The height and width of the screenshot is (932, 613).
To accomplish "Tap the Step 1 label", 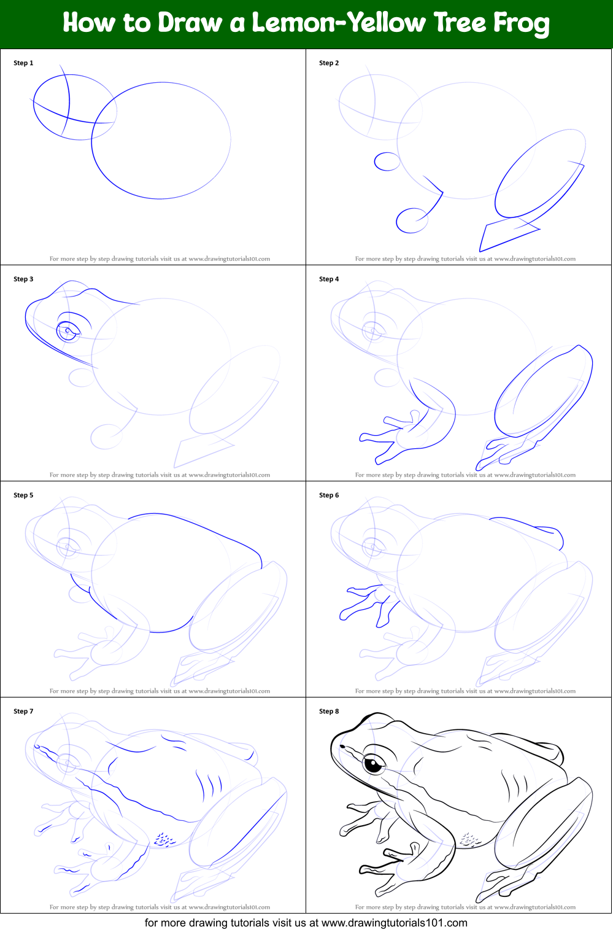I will point(23,63).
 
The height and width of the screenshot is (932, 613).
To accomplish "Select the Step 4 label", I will point(329,279).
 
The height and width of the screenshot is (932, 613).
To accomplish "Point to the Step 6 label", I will point(329,495).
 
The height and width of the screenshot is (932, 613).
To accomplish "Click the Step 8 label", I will point(329,711).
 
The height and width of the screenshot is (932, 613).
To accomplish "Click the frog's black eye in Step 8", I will point(372,764).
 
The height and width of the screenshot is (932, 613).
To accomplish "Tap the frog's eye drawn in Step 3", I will point(67,332).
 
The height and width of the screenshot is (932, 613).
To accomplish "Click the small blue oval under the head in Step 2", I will point(387,161).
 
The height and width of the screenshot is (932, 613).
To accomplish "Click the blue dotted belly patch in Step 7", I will point(163,839).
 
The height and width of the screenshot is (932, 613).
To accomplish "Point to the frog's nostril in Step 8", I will point(343,747).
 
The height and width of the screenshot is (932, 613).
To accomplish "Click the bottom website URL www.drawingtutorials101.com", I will point(394,923).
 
